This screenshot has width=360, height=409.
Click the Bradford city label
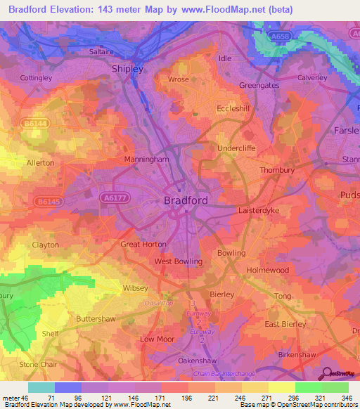186,200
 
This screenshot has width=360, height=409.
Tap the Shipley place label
128,69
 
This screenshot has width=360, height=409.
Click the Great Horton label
143,245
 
